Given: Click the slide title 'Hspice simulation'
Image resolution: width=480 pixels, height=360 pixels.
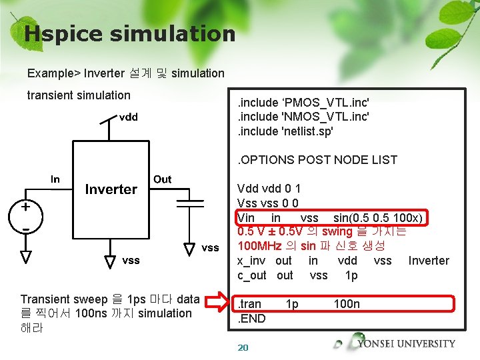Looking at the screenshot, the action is coord(129,33).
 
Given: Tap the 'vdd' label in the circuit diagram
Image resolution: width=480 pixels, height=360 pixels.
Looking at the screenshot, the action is coord(129,117).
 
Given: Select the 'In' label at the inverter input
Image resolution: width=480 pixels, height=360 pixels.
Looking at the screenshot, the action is coord(55,179).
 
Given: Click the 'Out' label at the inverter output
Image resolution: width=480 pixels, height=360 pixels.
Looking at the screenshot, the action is coord(162,179).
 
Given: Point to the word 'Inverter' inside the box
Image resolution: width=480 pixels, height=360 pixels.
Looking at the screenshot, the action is coord(111,189).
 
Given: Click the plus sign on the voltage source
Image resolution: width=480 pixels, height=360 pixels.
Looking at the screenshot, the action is coord(25,207).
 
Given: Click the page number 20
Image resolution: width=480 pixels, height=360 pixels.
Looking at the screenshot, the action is coord(243,347).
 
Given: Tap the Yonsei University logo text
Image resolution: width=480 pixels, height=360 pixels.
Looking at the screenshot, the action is coord(406,344).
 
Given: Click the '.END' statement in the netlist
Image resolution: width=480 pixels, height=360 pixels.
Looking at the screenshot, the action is coord(251,319).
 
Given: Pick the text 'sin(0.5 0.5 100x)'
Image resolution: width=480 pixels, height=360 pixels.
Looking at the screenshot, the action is coord(379,218).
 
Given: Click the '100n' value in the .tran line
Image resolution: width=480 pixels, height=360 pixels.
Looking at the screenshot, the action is coord(347,304).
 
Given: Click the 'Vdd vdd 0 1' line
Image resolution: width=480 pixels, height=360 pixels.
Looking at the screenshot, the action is coord(269,189).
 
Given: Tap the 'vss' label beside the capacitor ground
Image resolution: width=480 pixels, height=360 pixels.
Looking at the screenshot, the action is coord(210,248).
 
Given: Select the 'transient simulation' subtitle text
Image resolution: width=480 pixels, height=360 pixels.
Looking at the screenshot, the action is coord(79,95).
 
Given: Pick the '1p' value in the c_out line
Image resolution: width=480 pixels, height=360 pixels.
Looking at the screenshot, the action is coord(351,275).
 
